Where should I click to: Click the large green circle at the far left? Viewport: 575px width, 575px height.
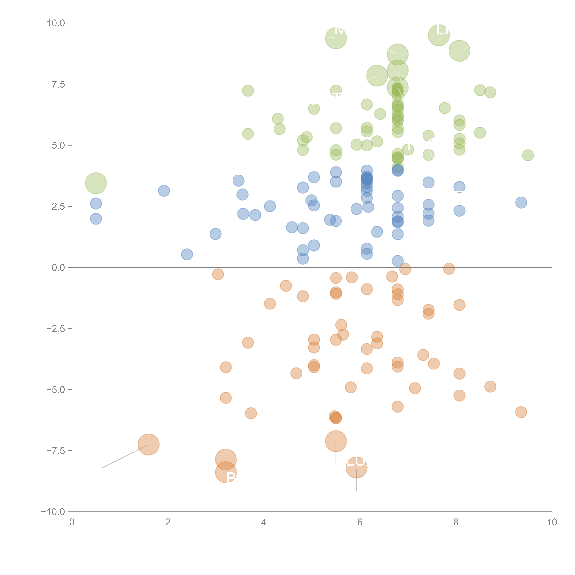(x=96, y=183)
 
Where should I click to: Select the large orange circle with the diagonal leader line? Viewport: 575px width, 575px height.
(x=148, y=445)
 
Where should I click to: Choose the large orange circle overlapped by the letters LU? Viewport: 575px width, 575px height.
(x=356, y=468)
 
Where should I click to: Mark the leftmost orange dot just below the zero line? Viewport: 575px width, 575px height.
(x=218, y=274)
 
